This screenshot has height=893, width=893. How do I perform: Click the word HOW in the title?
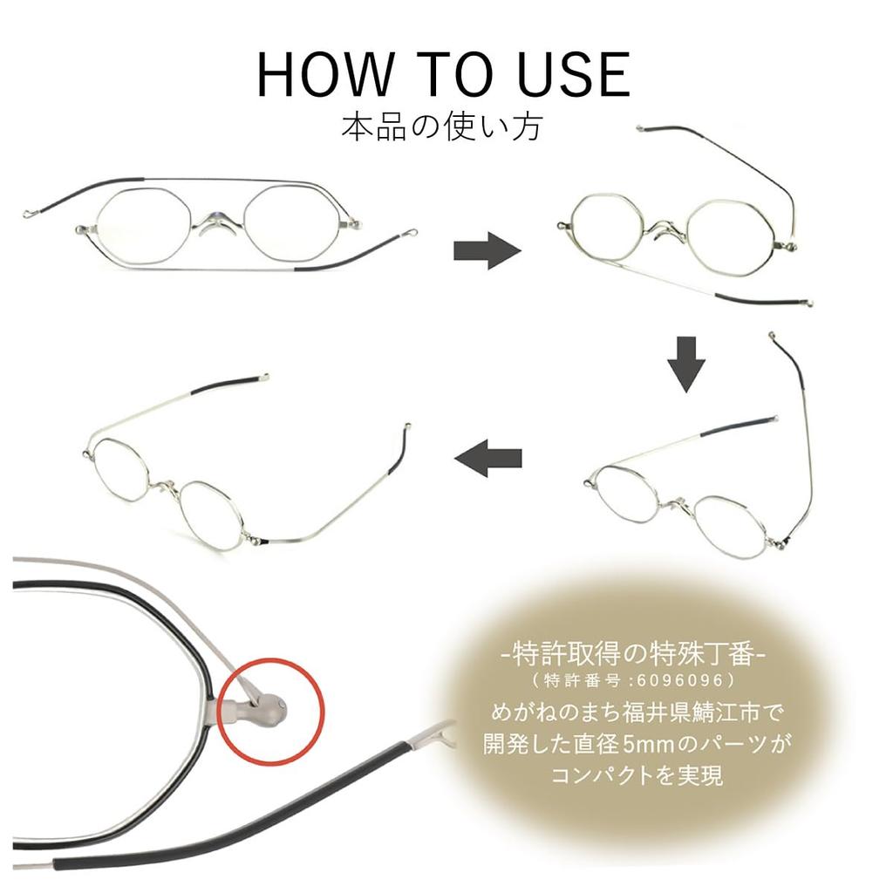(324, 75)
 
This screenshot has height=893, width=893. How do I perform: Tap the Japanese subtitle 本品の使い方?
(442, 127)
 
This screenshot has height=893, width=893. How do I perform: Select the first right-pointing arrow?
(487, 250)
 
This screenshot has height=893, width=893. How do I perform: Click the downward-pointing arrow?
(686, 365)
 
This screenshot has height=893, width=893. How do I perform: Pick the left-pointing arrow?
(488, 458)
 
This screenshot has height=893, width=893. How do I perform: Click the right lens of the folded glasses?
(292, 224)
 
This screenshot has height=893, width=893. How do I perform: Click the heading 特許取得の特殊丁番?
(633, 654)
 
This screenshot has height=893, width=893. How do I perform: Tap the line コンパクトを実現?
(637, 775)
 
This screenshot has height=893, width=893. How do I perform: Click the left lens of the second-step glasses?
(605, 223)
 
